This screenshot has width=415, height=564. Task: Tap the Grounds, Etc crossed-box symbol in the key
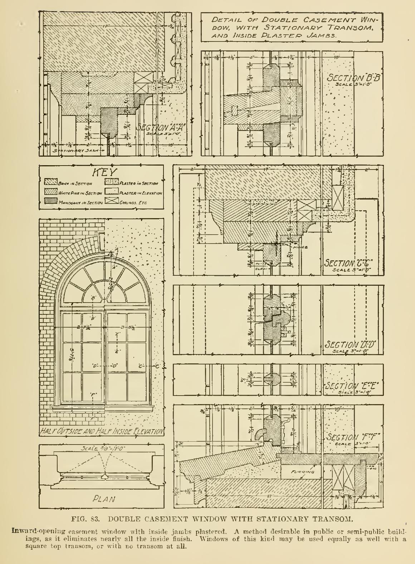pyautogui.click(x=111, y=202)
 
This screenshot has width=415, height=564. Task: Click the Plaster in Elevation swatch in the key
pyautogui.click(x=111, y=193)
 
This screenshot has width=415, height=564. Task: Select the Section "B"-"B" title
pyautogui.click(x=353, y=78)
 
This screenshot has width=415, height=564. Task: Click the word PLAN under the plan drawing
pyautogui.click(x=104, y=499)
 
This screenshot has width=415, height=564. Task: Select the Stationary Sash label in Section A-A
pyautogui.click(x=72, y=151)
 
